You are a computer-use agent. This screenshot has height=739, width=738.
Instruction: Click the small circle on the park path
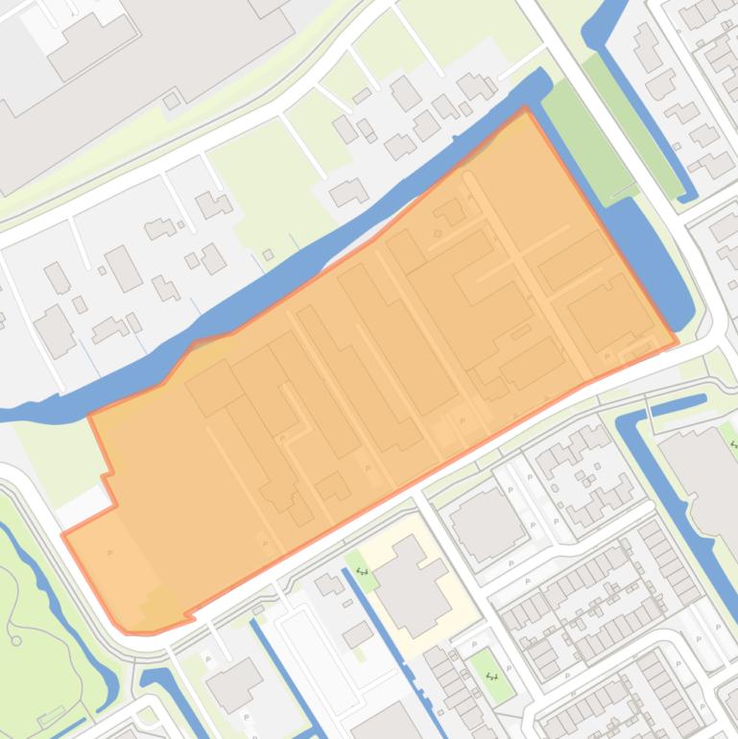tap(16, 640)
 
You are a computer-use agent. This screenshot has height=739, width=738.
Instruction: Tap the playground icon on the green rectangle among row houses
tap(492, 677)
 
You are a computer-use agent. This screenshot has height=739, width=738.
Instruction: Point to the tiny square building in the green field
tap(268, 254)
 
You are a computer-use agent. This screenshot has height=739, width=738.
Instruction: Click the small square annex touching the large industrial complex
tap(172, 101)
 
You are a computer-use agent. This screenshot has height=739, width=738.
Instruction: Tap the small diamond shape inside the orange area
tap(439, 231)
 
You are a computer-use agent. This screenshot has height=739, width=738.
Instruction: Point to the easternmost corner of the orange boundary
tap(678, 341)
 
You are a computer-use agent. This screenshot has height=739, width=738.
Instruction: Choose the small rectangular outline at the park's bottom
tap(50, 716)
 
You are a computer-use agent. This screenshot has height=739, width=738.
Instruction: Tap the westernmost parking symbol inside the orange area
tap(109, 554)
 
